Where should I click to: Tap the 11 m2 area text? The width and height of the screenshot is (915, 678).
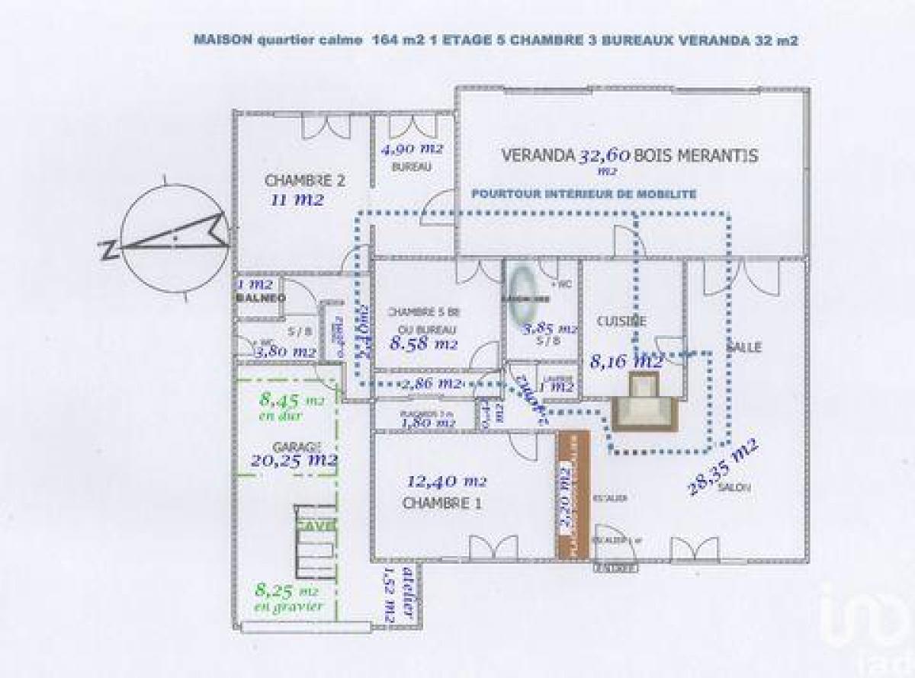tap(297, 200)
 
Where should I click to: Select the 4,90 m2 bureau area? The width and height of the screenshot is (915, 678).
tap(412, 149)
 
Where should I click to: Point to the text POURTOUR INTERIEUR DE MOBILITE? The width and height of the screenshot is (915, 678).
tap(583, 194)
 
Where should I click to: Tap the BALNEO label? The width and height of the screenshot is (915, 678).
tap(260, 298)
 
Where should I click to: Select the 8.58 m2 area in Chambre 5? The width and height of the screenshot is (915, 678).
tap(424, 344)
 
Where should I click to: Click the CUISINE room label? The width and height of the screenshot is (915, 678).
tap(621, 321)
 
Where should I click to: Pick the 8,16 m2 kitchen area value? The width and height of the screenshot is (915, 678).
tap(626, 361)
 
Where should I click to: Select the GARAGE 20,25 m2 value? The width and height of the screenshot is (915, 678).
tap(294, 460)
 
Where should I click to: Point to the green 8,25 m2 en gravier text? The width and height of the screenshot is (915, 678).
tap(289, 596)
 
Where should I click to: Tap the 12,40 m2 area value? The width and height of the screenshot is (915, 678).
tap(447, 481)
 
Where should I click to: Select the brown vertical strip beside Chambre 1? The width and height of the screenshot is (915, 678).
tap(573, 494)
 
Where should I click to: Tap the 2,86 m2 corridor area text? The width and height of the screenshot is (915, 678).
tap(432, 383)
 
